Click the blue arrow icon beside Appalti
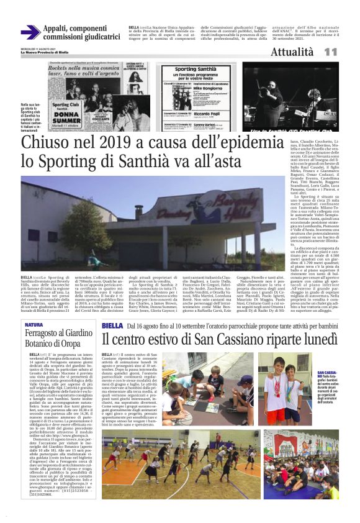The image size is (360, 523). pyautogui.click(x=30, y=32)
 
